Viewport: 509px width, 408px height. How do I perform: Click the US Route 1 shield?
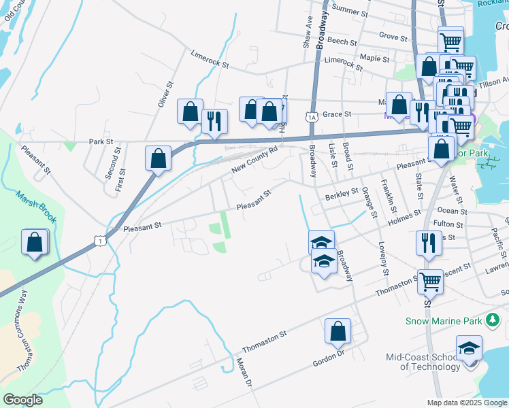coord(101,241)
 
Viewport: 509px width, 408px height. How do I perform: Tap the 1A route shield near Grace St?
coord(312,117)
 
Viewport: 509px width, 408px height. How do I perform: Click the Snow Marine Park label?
coord(444,321)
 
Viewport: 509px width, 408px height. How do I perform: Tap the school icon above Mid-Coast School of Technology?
coord(469,347)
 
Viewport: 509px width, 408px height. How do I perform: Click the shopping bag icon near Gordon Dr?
coord(338,331)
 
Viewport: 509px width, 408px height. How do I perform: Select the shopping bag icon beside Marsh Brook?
coord(35,242)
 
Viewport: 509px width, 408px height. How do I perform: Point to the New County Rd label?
coord(255,158)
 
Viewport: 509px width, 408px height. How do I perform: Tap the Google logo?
coord(23,399)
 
